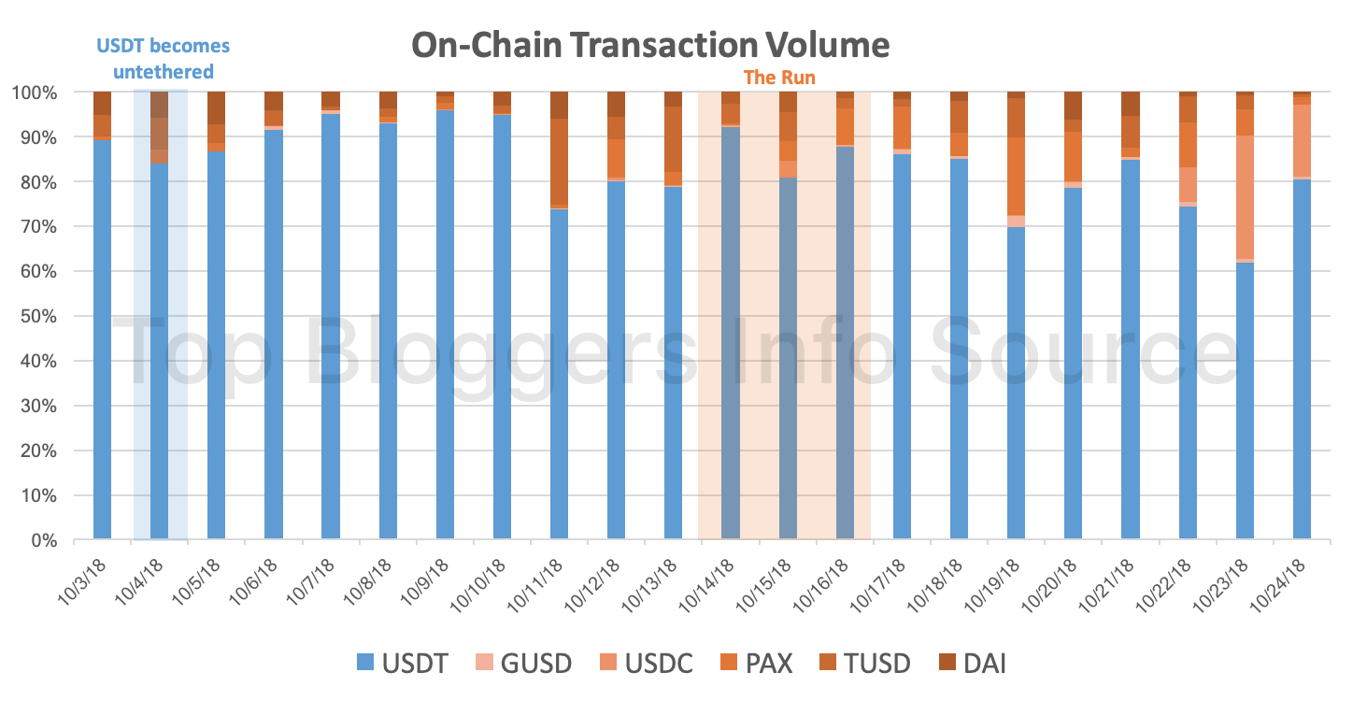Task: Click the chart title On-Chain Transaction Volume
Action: coord(651,44)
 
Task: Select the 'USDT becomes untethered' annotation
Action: coord(164,58)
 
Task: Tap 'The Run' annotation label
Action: coord(779,78)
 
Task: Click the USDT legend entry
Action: coord(403,664)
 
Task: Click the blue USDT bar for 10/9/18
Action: coord(446,327)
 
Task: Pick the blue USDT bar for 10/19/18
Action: coord(1017,383)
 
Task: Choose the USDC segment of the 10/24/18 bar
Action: coord(1302,140)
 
